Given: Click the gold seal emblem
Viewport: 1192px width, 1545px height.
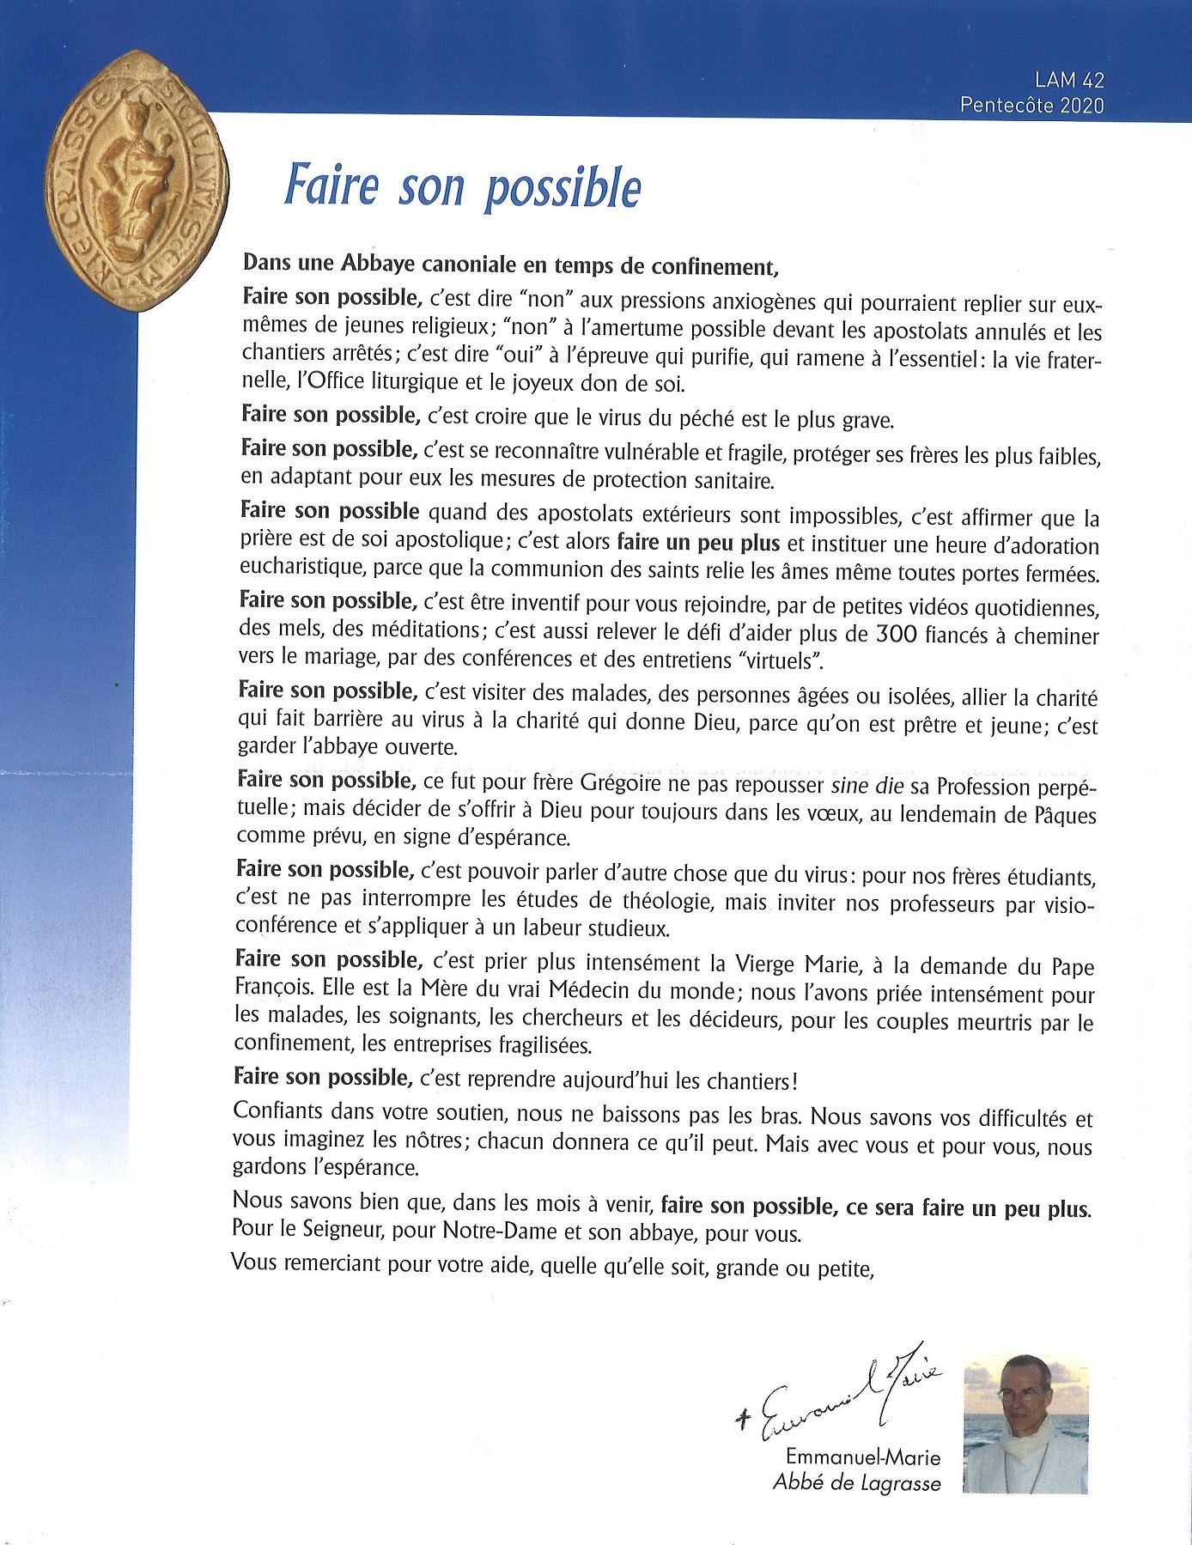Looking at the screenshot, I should click(137, 180).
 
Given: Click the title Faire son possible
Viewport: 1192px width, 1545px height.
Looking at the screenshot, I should click(463, 186).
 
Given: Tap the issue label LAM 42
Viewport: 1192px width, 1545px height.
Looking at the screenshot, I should click(1069, 80).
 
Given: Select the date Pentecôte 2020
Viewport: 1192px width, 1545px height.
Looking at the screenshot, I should click(1031, 106).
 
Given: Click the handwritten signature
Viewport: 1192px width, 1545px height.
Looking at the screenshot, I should click(842, 1391).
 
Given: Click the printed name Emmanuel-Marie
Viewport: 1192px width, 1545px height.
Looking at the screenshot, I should click(862, 1457).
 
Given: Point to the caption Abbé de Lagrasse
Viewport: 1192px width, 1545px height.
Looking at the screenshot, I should click(856, 1483).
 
